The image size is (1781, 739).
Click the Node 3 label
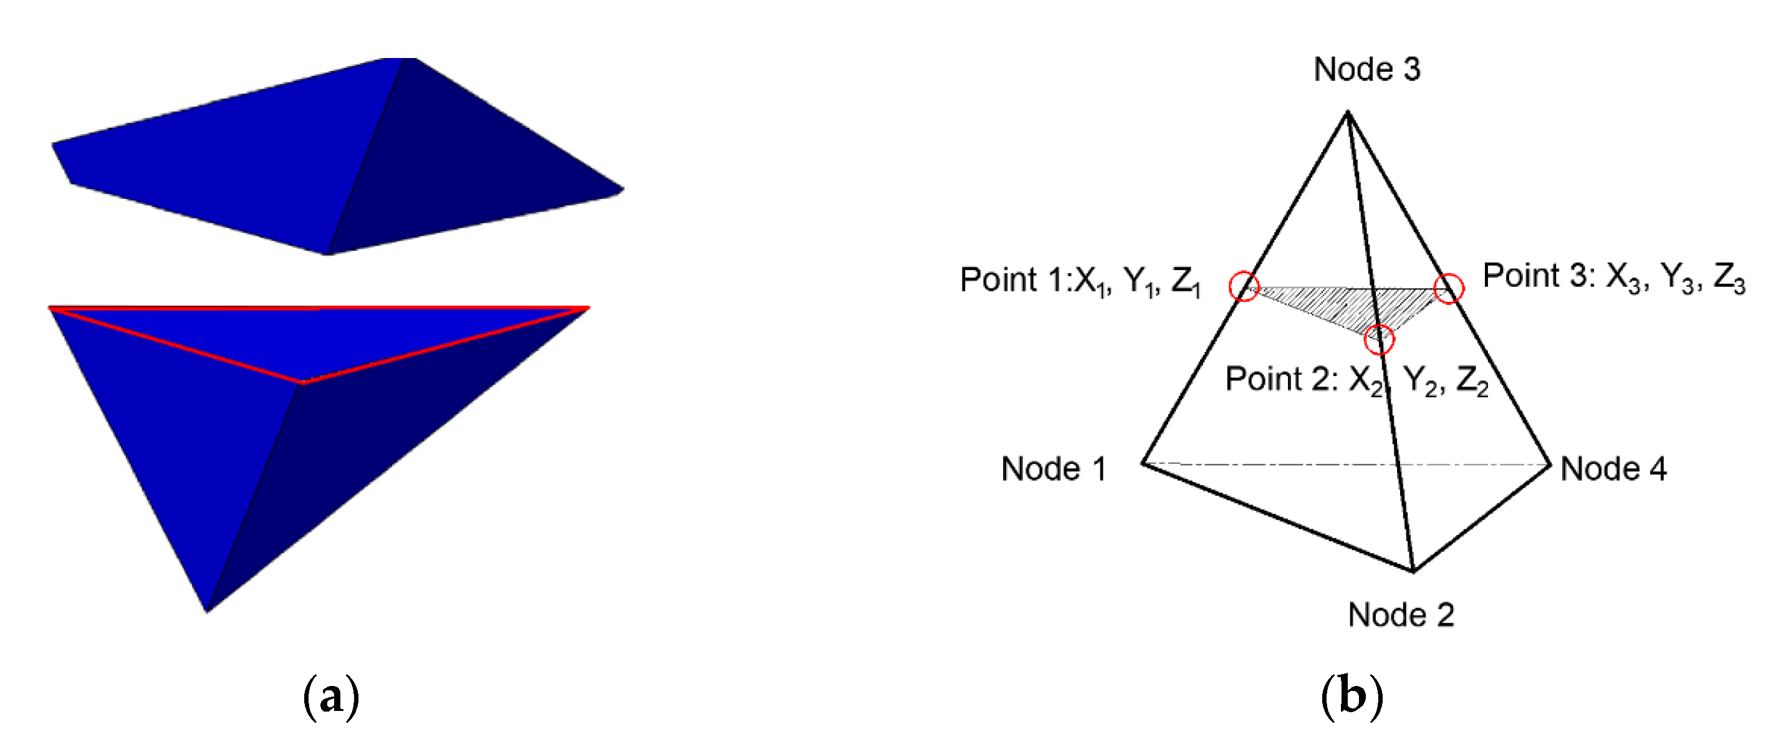pos(1366,69)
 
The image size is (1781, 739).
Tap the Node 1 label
pos(1053,469)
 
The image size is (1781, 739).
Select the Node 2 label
pos(1401,614)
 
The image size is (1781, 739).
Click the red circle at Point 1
pos(1244,286)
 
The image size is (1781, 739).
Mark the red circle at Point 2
pos(1380,339)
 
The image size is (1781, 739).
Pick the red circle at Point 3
pos(1449,288)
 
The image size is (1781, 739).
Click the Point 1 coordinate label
pos(1080,281)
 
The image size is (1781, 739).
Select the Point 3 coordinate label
pos(1614,278)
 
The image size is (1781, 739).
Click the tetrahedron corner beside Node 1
pos(1143,463)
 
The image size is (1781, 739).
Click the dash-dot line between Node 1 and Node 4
pos(1313,463)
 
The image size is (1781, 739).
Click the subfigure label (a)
pos(331,696)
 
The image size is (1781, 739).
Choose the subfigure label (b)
pos(1351,696)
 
